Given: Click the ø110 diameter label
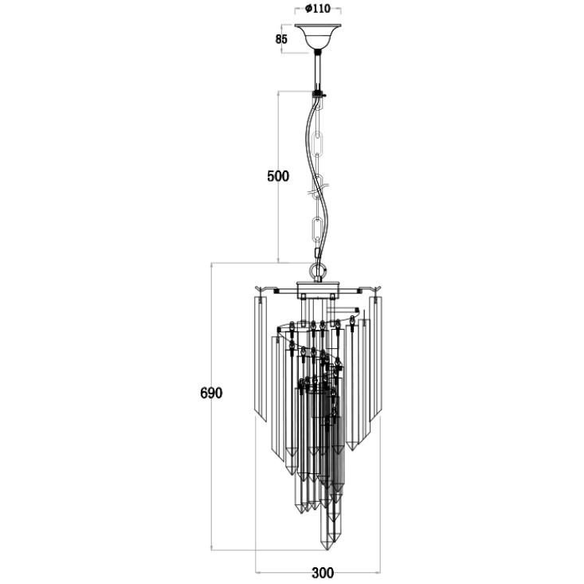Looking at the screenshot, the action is [x=318, y=8].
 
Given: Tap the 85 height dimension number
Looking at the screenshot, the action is [x=281, y=39].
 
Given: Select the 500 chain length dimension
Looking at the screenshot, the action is [x=278, y=176].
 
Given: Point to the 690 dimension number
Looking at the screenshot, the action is [x=211, y=393].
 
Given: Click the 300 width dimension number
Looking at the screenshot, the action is [x=323, y=573].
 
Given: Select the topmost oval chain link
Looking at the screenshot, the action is [x=319, y=143].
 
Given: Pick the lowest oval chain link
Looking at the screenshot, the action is [x=317, y=229].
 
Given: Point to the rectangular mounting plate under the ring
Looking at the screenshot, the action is [x=318, y=291].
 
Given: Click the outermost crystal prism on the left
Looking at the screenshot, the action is [x=260, y=359].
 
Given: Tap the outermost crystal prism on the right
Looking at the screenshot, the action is [x=376, y=359].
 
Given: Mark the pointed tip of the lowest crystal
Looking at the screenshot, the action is [x=327, y=549].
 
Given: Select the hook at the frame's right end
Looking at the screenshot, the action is [x=375, y=289].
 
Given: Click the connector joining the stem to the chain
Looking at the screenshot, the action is [x=318, y=93].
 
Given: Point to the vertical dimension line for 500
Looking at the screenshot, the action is [x=279, y=177].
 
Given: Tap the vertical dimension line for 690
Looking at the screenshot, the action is [x=212, y=406].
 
